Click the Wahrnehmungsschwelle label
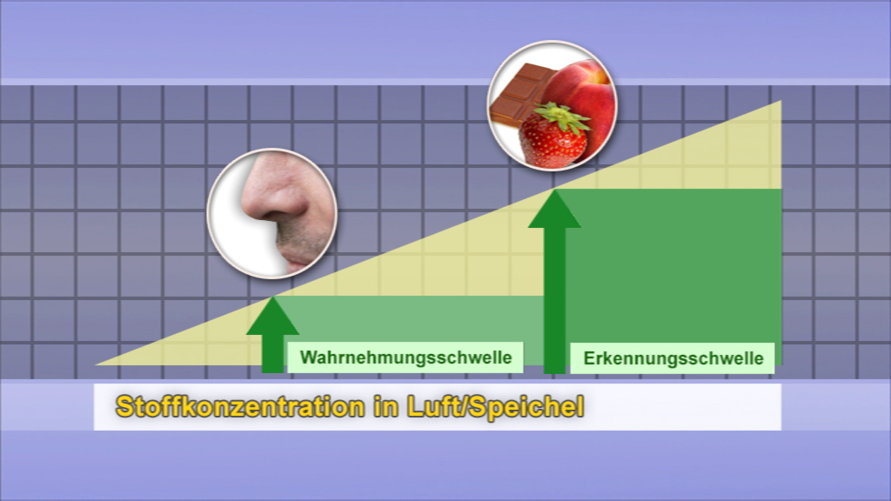(405, 357)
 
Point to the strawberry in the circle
(553, 139)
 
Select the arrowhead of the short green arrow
(272, 315)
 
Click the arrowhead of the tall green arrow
(554, 209)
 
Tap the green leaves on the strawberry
(560, 117)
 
